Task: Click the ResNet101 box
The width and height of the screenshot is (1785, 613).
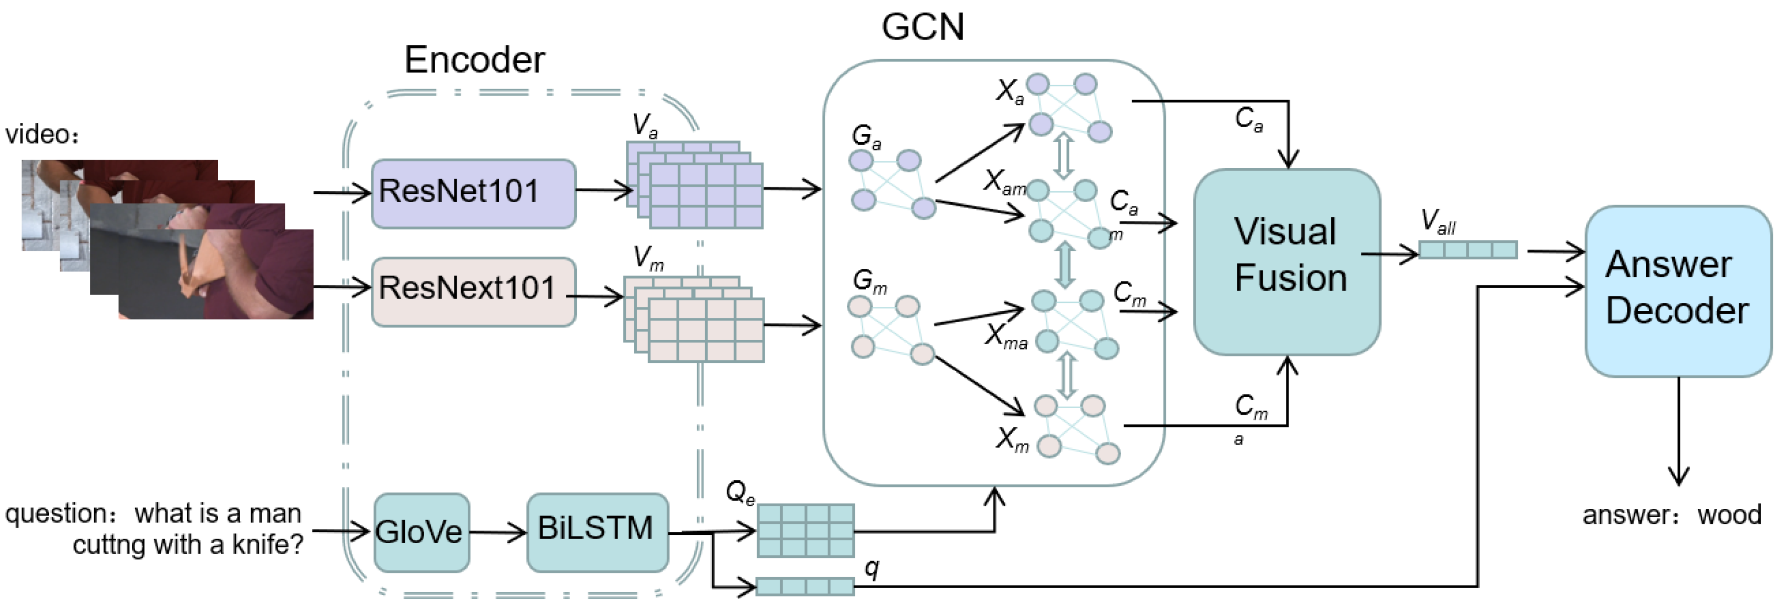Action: (473, 193)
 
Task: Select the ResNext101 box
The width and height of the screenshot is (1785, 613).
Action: (473, 291)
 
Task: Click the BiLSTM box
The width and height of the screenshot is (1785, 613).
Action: (597, 532)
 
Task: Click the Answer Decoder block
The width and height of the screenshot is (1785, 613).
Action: (1678, 291)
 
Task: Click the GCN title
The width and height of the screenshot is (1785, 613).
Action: (922, 28)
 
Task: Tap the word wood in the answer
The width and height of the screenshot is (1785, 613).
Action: (1729, 514)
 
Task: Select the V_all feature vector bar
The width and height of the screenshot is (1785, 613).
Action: (1468, 249)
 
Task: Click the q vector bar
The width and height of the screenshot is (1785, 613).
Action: (804, 587)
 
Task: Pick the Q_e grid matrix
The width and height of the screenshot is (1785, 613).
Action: (805, 530)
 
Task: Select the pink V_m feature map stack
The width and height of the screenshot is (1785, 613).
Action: (695, 320)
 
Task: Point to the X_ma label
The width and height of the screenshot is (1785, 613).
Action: (1005, 337)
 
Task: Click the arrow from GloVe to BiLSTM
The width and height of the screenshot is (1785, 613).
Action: (497, 532)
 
